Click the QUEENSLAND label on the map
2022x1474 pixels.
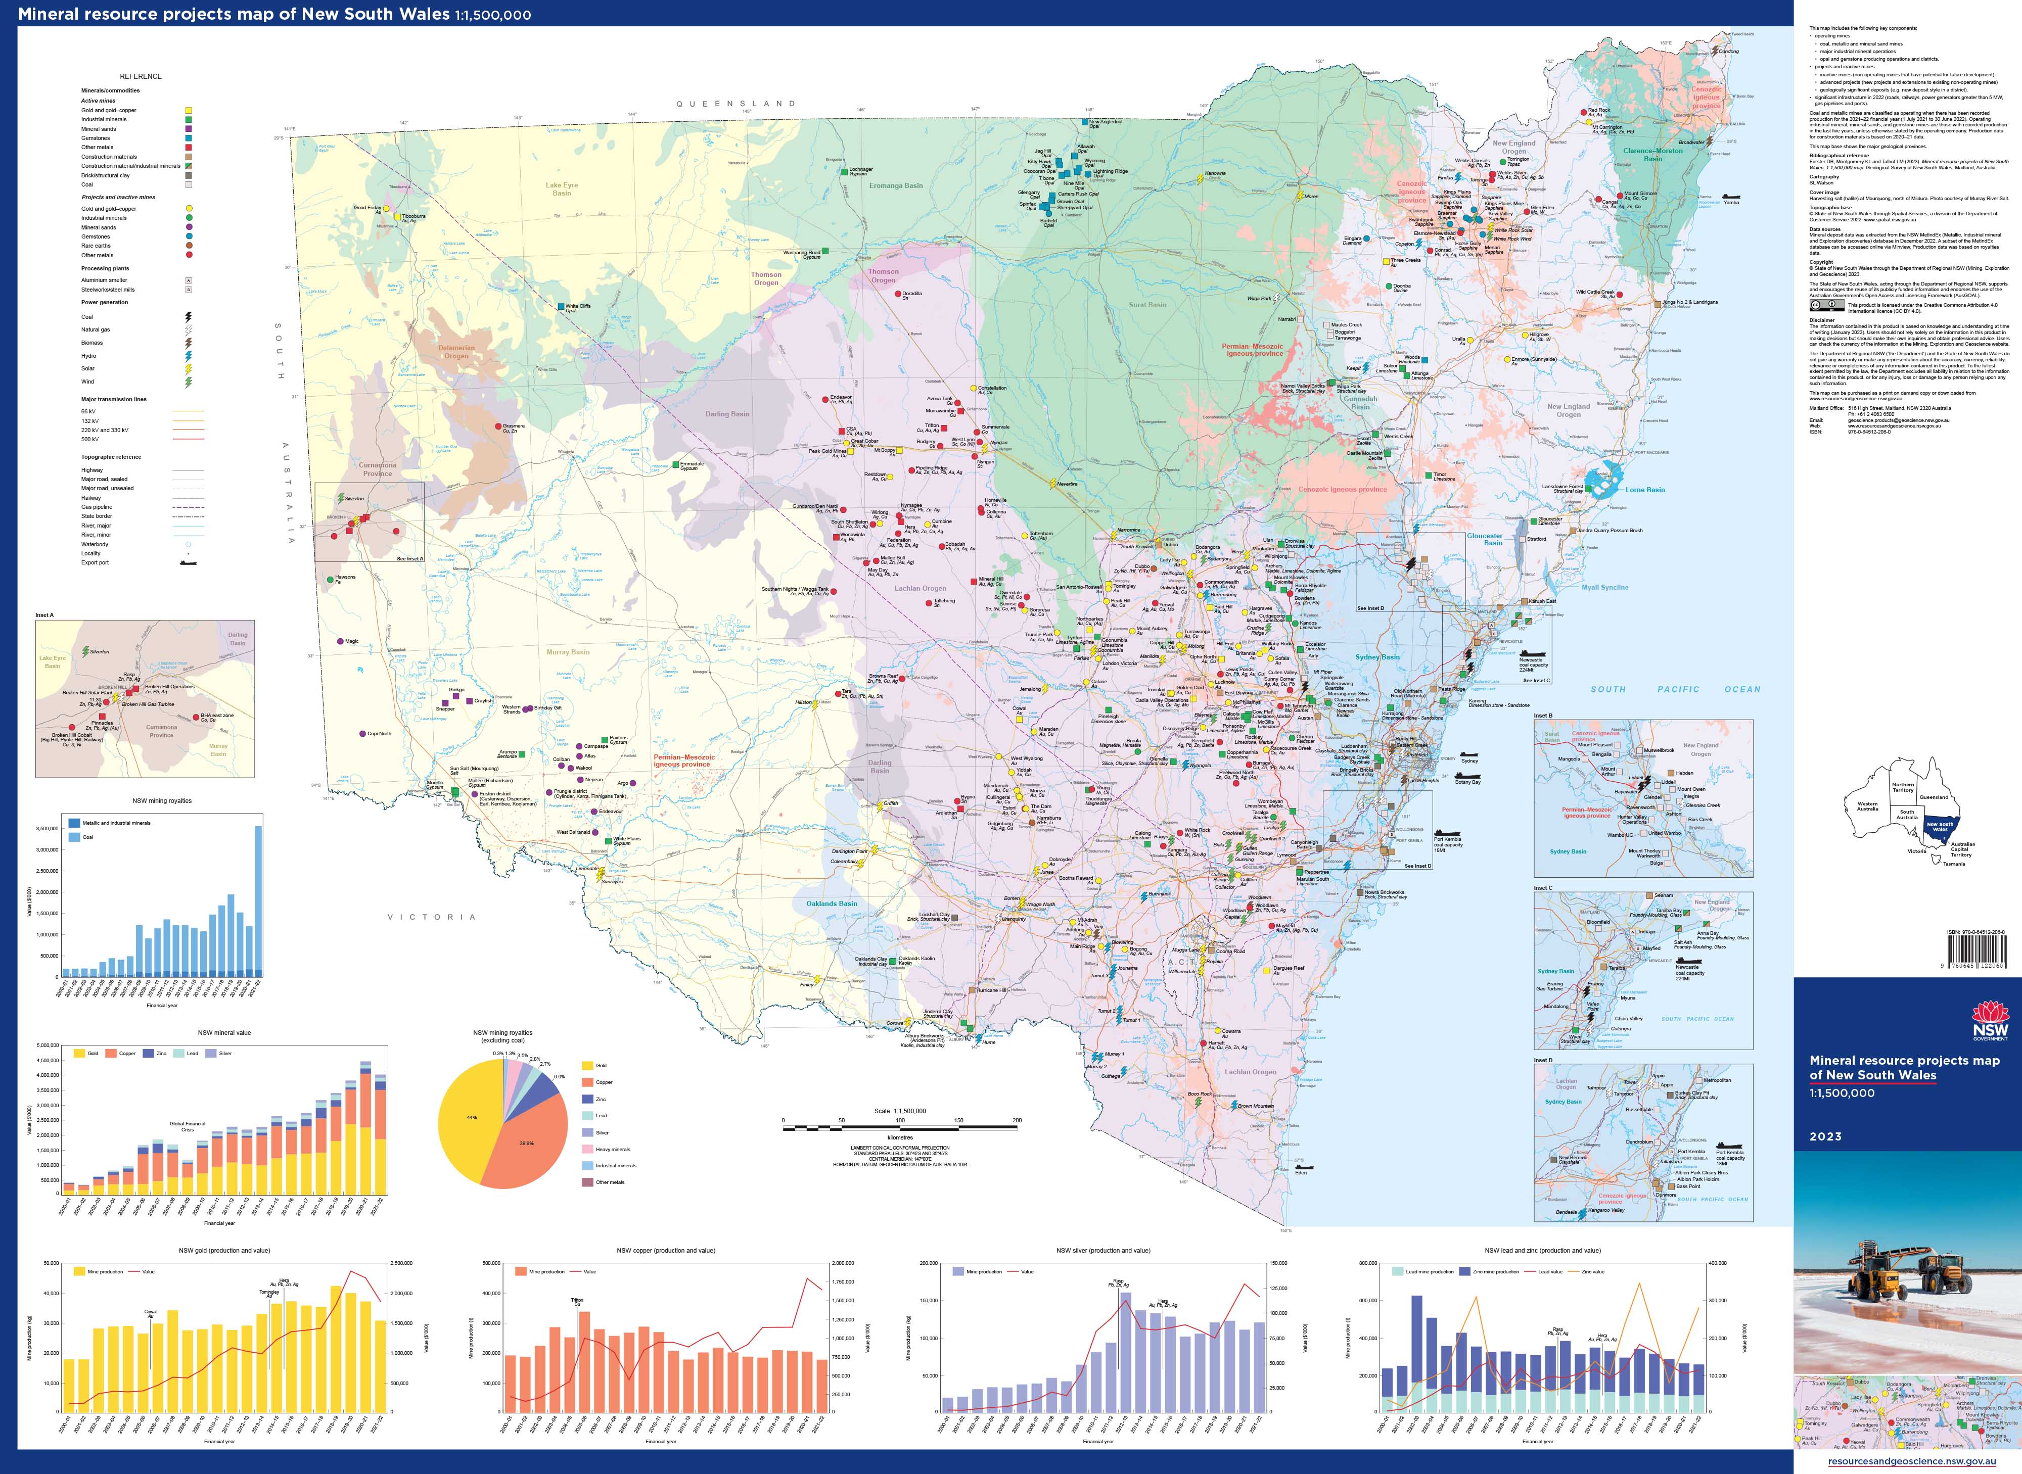click(736, 104)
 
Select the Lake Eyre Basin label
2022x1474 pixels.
click(561, 188)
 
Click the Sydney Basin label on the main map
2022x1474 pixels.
click(1377, 657)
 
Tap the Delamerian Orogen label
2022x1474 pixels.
click(456, 352)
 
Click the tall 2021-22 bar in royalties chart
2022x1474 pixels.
click(259, 901)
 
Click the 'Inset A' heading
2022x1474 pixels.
click(44, 615)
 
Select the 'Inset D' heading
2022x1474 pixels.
click(1543, 1060)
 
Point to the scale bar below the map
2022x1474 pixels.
click(899, 1128)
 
